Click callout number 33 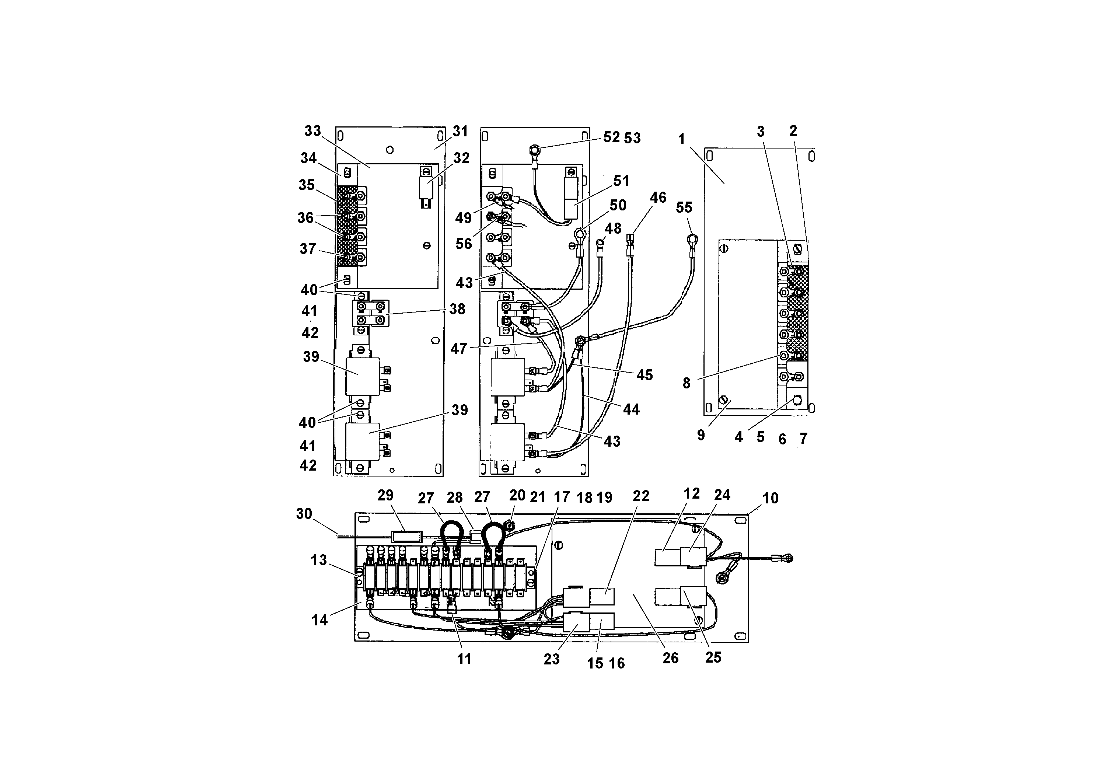(x=312, y=131)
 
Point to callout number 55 (x=684, y=207)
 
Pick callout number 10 (x=770, y=498)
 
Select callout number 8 (x=686, y=383)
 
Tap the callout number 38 (x=457, y=309)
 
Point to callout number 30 (x=304, y=514)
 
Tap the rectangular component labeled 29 (x=406, y=535)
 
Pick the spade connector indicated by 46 (x=630, y=238)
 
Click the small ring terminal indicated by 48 (x=600, y=245)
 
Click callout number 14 (x=319, y=620)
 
